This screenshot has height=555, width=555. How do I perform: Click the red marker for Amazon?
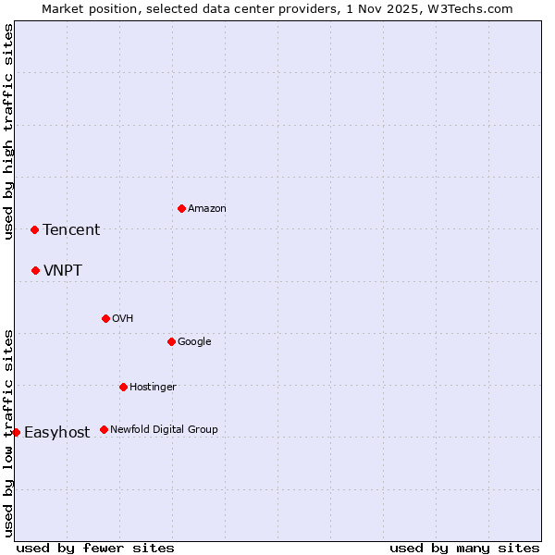pos(181,208)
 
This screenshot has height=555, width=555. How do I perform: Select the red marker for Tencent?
pos(34,229)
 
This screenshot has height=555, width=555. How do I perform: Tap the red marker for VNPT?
pos(35,270)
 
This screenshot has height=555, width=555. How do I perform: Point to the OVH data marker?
pos(105,318)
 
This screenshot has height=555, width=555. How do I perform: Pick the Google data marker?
pos(171,341)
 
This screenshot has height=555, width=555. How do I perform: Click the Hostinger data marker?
pos(123,387)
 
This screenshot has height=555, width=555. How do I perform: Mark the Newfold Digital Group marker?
pos(104,429)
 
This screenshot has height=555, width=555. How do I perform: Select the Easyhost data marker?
pos(16,432)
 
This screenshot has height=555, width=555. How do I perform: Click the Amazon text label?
pos(206,209)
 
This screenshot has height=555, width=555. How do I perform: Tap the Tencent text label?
pos(71,230)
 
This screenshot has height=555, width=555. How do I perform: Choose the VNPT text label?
pos(62,271)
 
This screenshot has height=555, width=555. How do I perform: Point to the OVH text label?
pos(123,319)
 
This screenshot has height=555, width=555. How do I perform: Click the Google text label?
pos(194,342)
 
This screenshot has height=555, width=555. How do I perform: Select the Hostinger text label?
pos(153,388)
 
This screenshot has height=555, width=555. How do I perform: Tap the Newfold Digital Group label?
pos(164,430)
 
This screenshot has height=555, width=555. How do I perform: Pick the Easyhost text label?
pos(56,433)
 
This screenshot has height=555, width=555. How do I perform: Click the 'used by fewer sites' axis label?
pos(95,548)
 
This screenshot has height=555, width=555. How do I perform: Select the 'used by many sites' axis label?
pos(464,548)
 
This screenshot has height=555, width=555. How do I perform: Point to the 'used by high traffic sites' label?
pos(8,131)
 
